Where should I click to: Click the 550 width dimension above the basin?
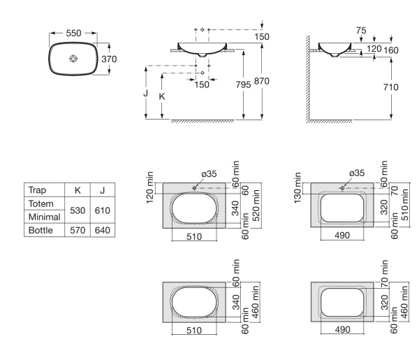tap(73, 33)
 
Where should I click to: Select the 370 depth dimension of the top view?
tap(108, 60)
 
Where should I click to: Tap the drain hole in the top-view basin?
tap(73, 60)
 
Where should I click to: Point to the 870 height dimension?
tap(261, 82)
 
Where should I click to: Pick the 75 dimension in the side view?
tap(360, 30)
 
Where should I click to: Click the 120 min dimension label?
tap(150, 184)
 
